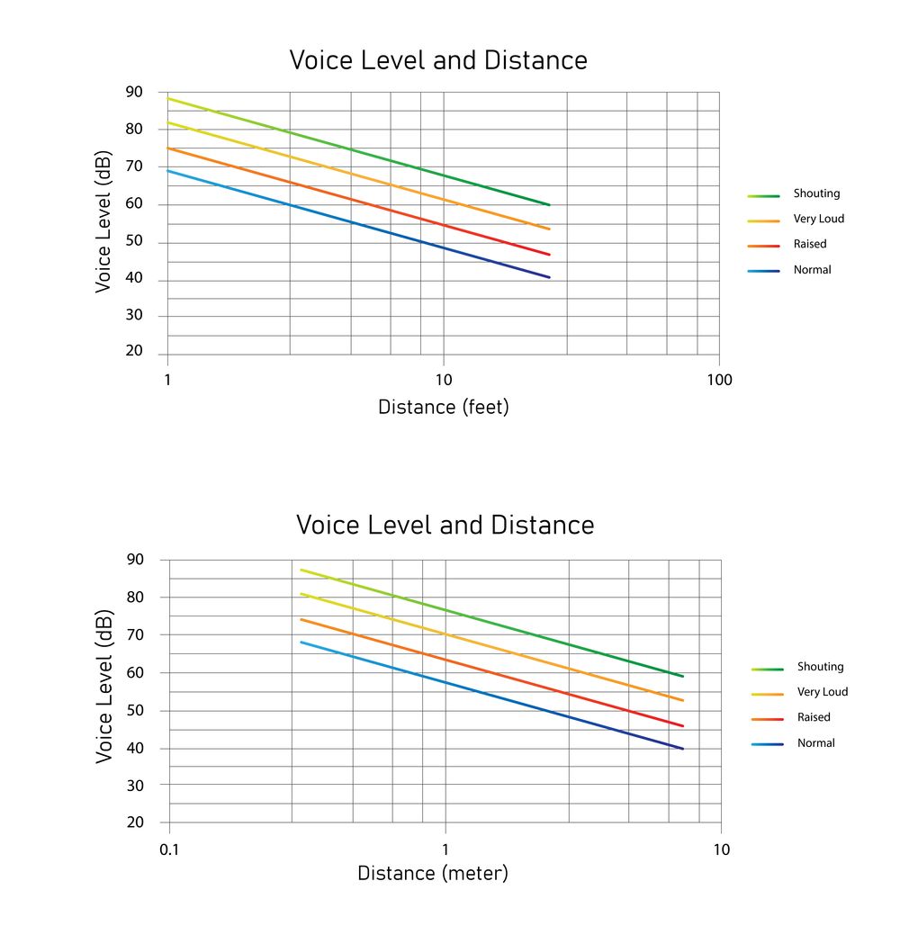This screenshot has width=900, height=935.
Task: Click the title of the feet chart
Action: coord(438,60)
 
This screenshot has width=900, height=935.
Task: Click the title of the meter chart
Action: coord(445,525)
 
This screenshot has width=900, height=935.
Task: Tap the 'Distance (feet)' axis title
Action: coord(443,407)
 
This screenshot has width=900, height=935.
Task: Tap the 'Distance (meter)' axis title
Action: coord(433,873)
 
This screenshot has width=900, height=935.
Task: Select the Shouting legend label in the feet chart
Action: coord(816,193)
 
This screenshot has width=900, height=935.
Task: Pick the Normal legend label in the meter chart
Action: coord(815,743)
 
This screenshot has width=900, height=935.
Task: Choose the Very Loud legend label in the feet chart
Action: coord(818,219)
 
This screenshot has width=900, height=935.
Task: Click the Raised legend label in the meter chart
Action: coord(814,717)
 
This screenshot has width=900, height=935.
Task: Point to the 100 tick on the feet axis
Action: coord(719,380)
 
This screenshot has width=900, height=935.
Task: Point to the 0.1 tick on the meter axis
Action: coord(169,850)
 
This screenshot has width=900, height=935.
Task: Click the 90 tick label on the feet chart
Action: coord(134,92)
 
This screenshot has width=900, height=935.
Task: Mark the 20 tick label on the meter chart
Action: coord(135,823)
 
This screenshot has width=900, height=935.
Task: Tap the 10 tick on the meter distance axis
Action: coord(721,850)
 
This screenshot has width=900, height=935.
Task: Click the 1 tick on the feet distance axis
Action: coord(167,380)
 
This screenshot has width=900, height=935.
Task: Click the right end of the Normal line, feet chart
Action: coord(549,277)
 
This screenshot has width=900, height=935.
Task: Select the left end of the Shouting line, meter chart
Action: coord(301,570)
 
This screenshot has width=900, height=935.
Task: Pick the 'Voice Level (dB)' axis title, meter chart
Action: coord(104,688)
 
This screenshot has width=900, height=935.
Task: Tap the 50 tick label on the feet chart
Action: coord(134,242)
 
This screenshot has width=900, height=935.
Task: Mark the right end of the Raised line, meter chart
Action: coord(683,725)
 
